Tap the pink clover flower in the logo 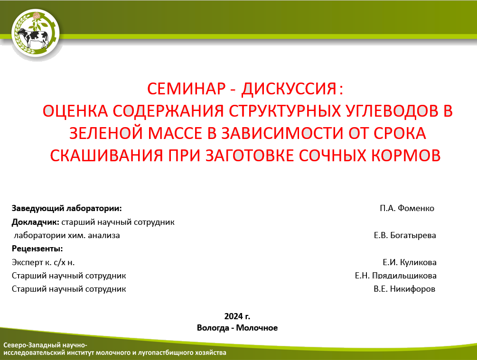37,15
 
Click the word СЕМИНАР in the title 186,89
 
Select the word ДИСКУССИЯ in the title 289,89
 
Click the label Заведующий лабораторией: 66,209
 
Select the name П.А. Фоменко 407,208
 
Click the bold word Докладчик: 35,222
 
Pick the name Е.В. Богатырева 405,235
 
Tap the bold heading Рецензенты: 37,249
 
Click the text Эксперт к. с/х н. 43,262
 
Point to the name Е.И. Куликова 410,262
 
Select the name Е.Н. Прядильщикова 395,276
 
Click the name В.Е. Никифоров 404,289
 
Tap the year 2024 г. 237,316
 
